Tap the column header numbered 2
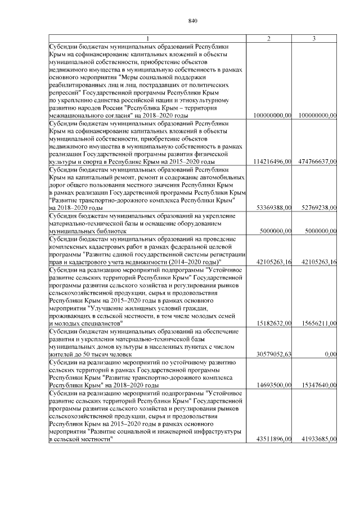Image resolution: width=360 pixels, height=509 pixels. pos(269,38)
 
